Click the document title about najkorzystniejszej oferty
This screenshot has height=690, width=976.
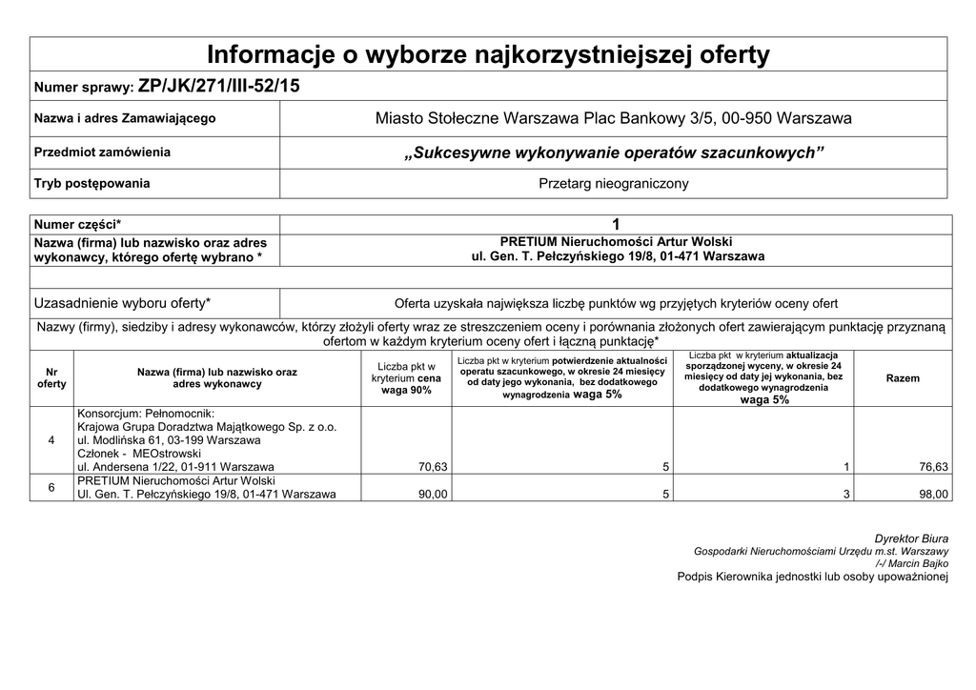click(488, 55)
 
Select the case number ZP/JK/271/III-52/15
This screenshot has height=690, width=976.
click(218, 86)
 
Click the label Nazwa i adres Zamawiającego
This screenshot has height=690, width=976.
click(125, 119)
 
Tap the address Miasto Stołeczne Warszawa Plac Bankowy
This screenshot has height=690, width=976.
click(613, 119)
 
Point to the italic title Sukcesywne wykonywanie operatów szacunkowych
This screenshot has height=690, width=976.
click(613, 152)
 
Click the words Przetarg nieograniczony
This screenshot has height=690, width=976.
click(613, 183)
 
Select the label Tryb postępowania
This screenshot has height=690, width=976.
click(92, 183)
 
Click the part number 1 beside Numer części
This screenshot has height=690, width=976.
click(616, 225)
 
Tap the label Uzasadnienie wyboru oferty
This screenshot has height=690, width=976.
click(123, 304)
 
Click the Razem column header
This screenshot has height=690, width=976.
click(903, 378)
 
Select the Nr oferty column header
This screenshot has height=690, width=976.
click(51, 377)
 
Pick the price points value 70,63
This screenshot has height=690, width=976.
click(434, 468)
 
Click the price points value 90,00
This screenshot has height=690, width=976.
click(434, 495)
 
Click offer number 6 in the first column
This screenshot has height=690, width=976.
click(51, 488)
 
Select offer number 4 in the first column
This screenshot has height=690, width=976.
click(51, 441)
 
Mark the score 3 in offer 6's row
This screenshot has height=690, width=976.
click(845, 495)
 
